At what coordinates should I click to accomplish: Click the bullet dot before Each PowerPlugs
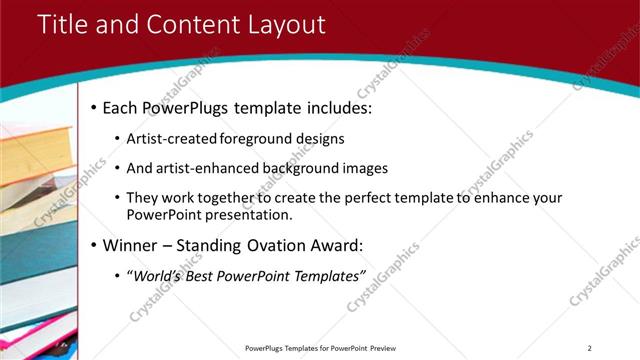coord(94,106)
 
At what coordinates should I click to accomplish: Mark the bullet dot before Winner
coord(94,245)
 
